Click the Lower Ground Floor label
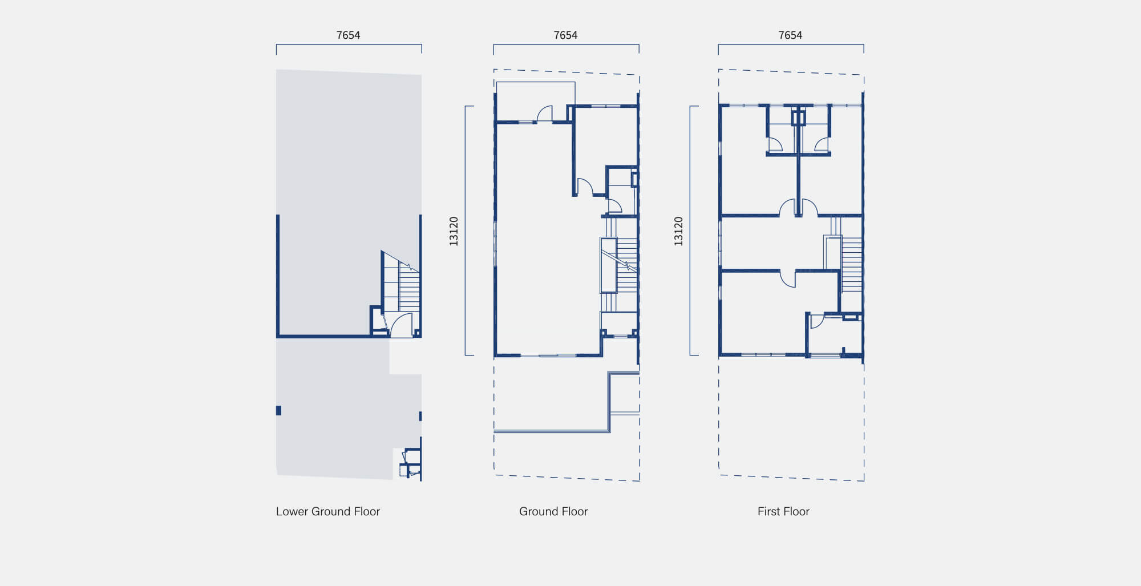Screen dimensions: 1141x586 328,511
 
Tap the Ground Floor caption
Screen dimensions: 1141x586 553,511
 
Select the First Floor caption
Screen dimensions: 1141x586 783,511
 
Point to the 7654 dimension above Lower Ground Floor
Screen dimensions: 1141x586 348,35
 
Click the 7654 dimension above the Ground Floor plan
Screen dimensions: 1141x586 565,35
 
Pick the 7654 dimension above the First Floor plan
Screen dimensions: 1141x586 790,35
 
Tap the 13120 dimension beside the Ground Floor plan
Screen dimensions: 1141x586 454,231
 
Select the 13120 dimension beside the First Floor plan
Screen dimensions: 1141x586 678,231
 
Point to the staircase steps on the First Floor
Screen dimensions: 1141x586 851,265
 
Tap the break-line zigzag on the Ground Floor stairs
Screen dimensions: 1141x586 628,265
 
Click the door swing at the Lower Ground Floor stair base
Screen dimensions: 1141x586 401,325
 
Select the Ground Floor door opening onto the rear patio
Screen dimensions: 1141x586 545,114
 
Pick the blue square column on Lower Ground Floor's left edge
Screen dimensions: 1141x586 278,410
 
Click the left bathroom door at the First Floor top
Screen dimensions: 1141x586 775,144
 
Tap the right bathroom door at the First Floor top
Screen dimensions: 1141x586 822,144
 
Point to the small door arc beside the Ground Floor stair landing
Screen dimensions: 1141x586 614,206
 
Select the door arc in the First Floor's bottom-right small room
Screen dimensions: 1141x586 816,321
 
